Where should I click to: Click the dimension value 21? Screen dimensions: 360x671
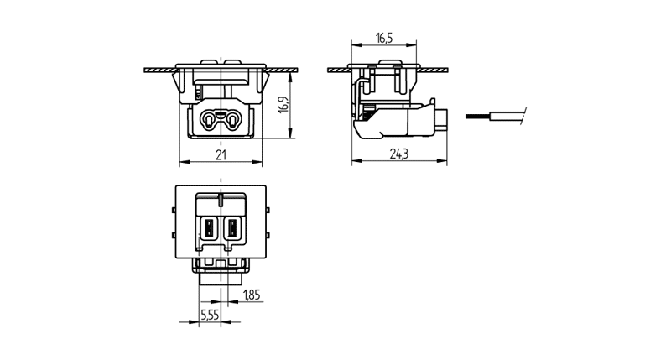pos(221,154)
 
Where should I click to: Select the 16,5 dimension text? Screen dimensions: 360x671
pos(385,39)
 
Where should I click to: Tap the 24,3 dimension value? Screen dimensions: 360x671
pos(398,154)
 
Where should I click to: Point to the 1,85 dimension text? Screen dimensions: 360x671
pos(252,294)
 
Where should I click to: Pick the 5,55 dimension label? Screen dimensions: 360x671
pos(210,316)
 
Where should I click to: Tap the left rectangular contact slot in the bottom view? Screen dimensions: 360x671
pos(207,227)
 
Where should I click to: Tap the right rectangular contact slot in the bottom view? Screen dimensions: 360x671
pos(232,227)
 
